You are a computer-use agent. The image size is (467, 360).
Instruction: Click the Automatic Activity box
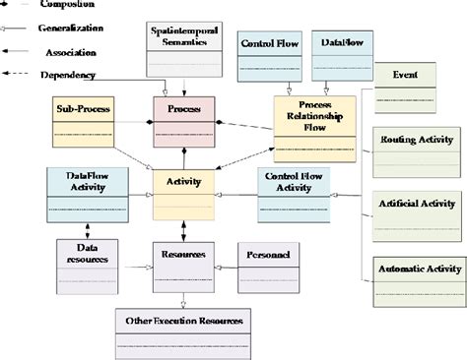pyautogui.click(x=419, y=281)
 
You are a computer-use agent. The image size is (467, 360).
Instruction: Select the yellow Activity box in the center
pyautogui.click(x=183, y=194)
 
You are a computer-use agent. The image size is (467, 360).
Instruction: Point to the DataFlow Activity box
pyautogui.click(x=88, y=194)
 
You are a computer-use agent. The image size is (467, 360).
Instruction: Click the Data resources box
pyautogui.click(x=89, y=266)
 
